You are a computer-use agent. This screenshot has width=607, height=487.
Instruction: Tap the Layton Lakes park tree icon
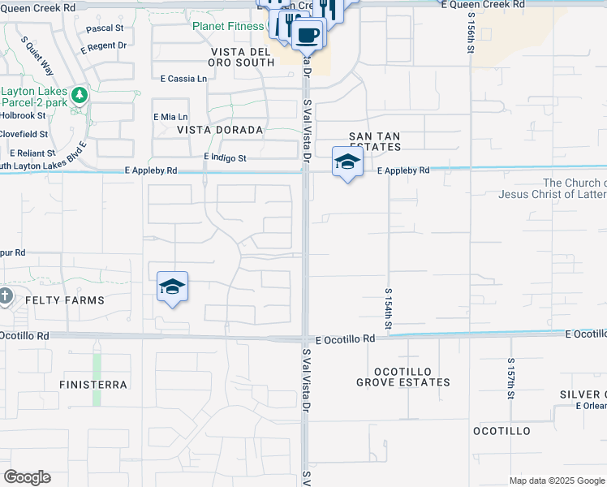click(x=79, y=96)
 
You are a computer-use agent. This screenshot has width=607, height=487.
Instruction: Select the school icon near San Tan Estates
click(x=347, y=162)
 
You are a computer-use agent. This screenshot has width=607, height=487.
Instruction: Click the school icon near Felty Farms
click(x=172, y=287)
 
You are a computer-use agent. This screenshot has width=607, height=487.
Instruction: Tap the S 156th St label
click(x=471, y=32)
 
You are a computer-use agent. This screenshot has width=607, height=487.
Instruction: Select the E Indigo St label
click(x=225, y=157)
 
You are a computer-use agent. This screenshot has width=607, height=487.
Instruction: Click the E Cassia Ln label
click(x=183, y=79)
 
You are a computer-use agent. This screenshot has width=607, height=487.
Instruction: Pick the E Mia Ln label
click(x=170, y=117)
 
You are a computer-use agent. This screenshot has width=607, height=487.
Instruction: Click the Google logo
click(x=27, y=477)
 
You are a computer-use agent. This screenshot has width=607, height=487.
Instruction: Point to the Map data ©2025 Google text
click(x=556, y=481)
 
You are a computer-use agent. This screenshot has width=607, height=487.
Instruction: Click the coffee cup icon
click(x=308, y=35)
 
